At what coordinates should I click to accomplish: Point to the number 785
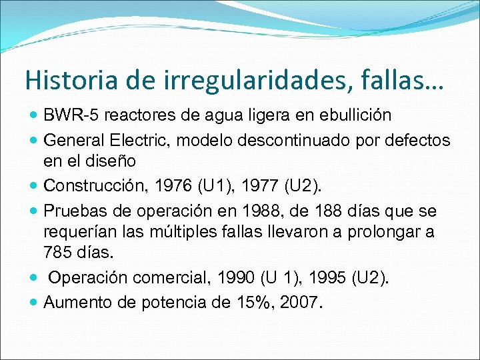point(57,252)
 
